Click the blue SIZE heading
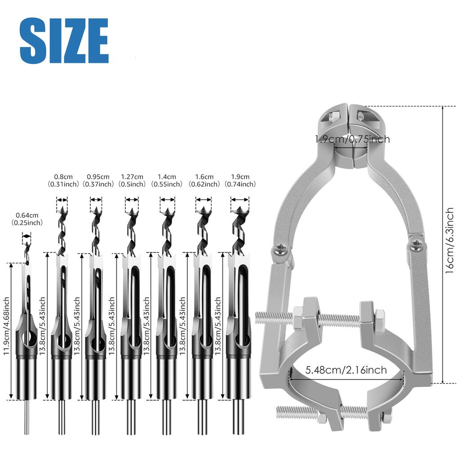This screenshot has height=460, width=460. click(64, 40)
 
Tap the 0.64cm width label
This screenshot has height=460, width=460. click(27, 219)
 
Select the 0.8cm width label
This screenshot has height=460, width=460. click(63, 181)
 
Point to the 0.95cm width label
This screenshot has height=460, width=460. click(98, 181)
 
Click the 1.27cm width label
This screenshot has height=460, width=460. click(132, 181)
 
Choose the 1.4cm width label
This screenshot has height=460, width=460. click(167, 181)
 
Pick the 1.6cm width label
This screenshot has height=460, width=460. click(204, 181)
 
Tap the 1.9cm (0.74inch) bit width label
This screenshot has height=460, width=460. click(240, 181)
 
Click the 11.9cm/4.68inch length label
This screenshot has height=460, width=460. click(6, 326)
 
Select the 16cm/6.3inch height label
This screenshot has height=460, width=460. click(449, 241)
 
